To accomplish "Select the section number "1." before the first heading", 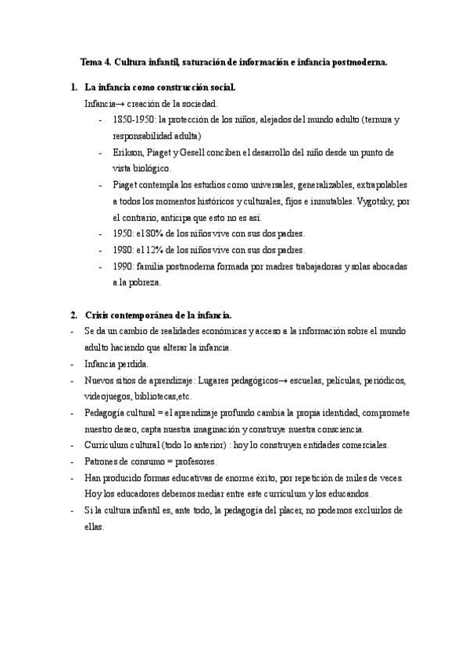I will (x=73, y=87).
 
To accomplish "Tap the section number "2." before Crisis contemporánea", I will (x=73, y=315).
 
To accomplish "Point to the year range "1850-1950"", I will (x=133, y=119).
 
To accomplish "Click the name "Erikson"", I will (x=128, y=152).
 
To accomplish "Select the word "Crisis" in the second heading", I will (x=99, y=315).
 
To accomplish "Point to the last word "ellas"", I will (x=94, y=526).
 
